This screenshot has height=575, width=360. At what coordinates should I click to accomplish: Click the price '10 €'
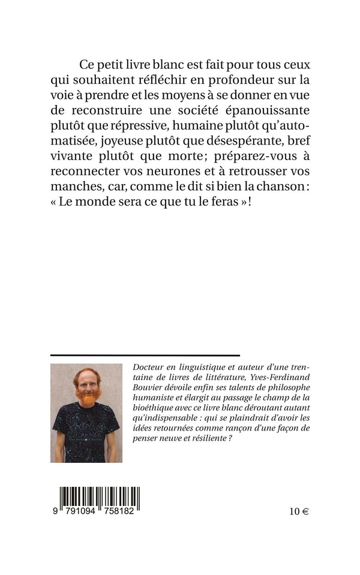298,511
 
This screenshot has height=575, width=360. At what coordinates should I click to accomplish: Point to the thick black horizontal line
145,356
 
